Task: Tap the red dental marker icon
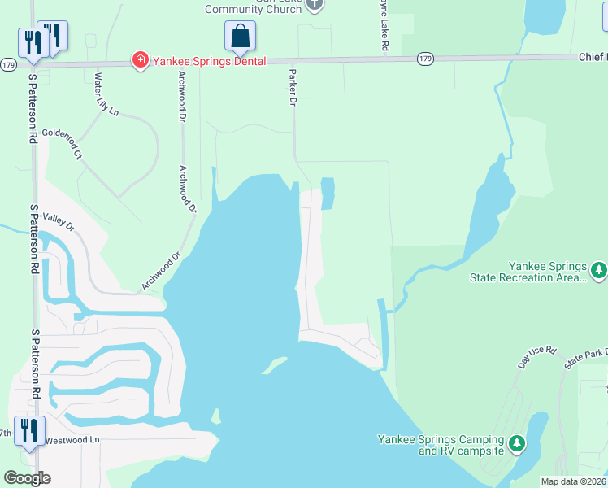click(x=141, y=60)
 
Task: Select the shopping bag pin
click(x=240, y=37)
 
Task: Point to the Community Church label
click(x=254, y=9)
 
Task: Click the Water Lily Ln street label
click(x=106, y=95)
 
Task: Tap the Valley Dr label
click(x=59, y=221)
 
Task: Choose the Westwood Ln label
click(x=72, y=440)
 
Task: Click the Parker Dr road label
click(x=291, y=88)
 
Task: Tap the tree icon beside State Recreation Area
click(x=598, y=268)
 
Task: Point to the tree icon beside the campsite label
click(x=515, y=444)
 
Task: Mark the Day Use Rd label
click(x=537, y=356)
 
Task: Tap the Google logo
click(x=27, y=477)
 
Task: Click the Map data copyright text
click(x=574, y=481)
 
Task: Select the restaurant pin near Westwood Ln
click(x=30, y=431)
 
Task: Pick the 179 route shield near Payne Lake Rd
click(x=425, y=59)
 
